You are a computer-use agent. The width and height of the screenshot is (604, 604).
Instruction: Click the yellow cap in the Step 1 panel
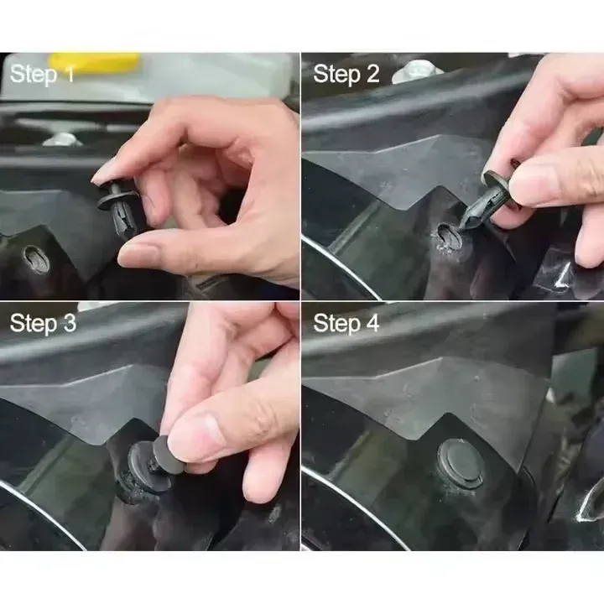coord(94,62)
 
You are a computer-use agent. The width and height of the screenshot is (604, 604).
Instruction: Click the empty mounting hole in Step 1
coord(35,258)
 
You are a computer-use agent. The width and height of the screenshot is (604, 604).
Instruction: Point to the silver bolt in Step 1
coord(60,138)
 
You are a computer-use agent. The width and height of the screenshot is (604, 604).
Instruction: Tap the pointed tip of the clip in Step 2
coord(464,222)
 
